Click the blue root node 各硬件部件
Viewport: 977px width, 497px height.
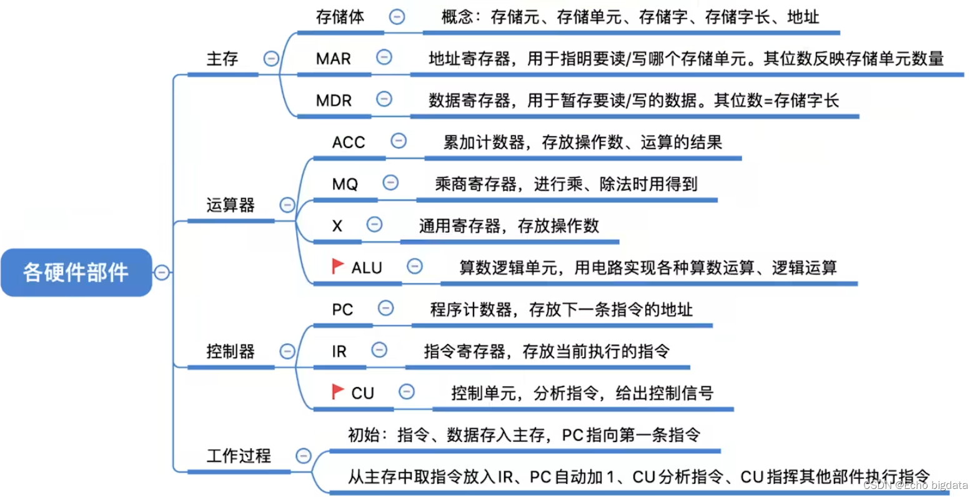76,272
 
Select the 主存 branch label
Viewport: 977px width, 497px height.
222,59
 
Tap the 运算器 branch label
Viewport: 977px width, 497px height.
231,205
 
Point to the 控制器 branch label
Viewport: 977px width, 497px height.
231,352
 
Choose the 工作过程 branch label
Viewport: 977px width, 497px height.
239,456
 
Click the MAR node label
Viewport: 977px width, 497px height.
333,59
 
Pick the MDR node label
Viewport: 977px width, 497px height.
334,101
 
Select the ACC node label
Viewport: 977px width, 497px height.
348,142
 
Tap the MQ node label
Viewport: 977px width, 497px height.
345,184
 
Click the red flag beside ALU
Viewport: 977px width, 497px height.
338,267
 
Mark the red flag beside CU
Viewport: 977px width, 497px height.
338,391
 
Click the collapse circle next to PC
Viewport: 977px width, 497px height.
386,308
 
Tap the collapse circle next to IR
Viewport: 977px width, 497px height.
379,350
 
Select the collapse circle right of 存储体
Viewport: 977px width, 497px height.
397,17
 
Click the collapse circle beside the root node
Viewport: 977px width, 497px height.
162,272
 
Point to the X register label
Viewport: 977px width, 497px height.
337,225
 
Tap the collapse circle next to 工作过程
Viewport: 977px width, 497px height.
304,456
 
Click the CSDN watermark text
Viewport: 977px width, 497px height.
916,485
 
